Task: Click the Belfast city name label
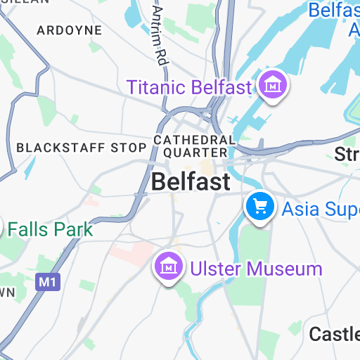tap(191, 182)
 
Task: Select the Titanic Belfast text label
tap(189, 88)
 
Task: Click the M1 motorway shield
tap(46, 282)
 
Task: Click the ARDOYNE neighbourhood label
tap(69, 30)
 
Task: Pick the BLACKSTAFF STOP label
tap(81, 148)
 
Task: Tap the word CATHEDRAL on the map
tap(194, 140)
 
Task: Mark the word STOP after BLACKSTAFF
tap(129, 148)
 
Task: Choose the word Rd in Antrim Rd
tap(163, 55)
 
